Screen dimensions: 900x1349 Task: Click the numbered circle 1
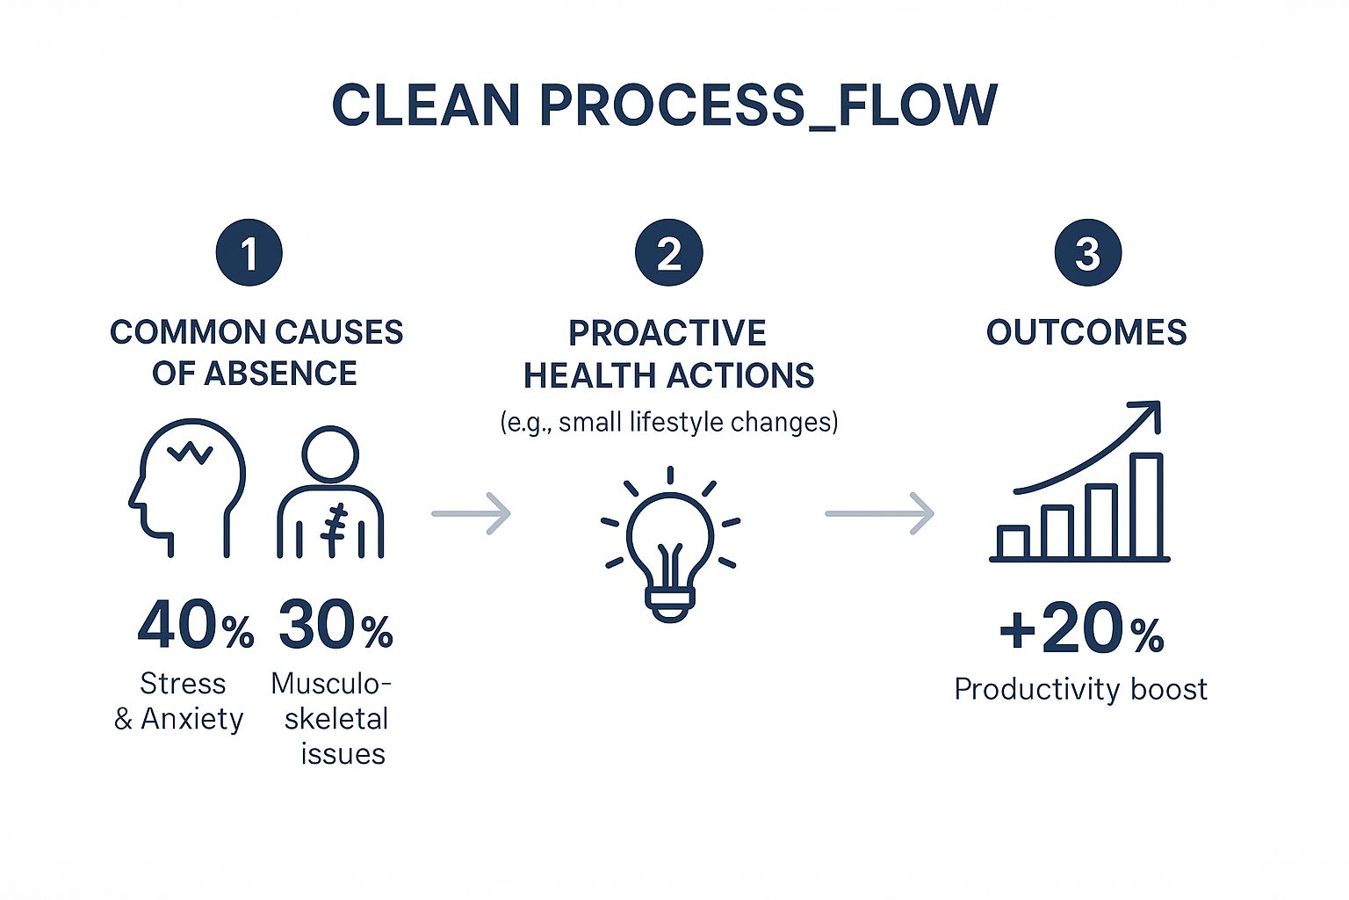pos(249,253)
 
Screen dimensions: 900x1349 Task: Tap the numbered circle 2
pos(669,253)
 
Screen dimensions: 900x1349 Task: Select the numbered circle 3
pos(1087,253)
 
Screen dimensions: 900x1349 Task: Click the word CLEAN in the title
pos(426,105)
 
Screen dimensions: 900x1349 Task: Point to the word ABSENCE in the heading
pos(281,374)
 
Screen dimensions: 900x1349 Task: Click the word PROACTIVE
pos(667,333)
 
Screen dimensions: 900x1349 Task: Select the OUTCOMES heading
pos(1086,332)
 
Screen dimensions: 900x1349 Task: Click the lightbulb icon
pos(669,545)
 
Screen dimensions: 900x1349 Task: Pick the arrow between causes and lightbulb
pos(472,513)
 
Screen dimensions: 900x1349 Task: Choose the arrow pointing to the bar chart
pos(880,513)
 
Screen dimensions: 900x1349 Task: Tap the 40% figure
pos(195,626)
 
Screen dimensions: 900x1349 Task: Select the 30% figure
pos(335,626)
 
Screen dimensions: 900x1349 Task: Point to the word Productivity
pos(1022,689)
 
